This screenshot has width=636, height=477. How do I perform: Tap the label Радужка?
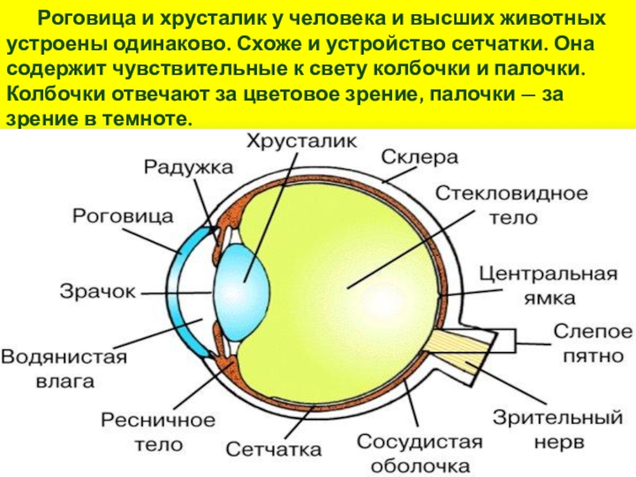pyautogui.click(x=188, y=167)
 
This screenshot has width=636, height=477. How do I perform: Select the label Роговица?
pyautogui.click(x=123, y=215)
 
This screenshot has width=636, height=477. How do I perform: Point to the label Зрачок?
pyautogui.click(x=98, y=291)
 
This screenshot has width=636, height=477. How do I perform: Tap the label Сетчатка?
pyautogui.click(x=273, y=449)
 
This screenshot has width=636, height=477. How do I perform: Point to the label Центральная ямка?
pyautogui.click(x=548, y=285)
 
